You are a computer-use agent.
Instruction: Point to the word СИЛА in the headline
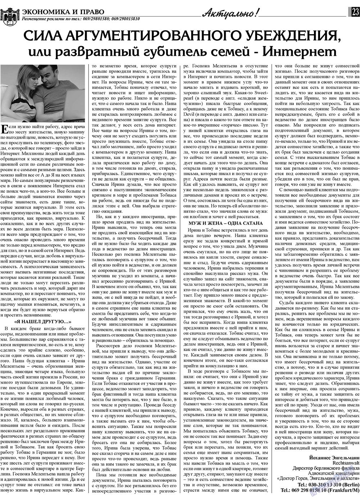40,36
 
